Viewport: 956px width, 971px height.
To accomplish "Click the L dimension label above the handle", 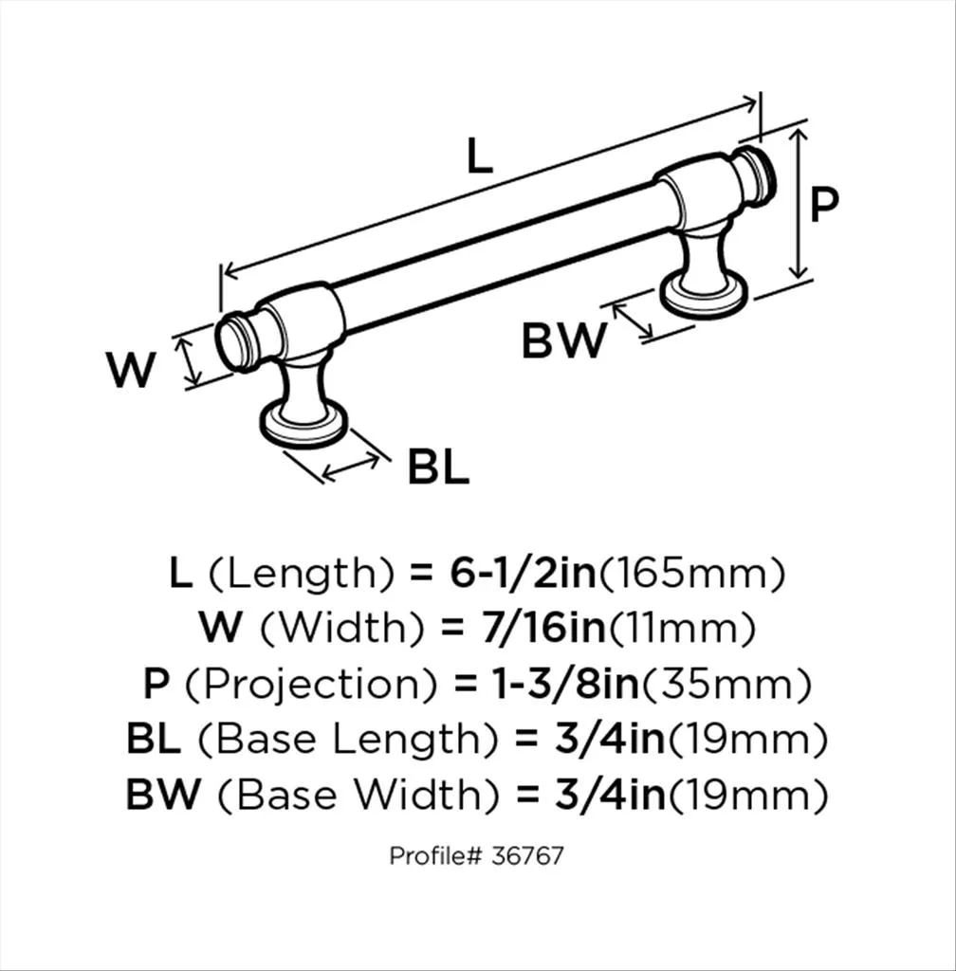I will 480,157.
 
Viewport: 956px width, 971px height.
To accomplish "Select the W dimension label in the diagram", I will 130,370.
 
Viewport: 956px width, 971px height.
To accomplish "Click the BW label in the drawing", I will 563,341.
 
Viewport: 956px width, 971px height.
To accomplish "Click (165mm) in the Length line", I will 693,573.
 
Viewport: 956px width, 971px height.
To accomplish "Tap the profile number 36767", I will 529,855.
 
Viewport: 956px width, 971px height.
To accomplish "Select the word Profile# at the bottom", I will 435,855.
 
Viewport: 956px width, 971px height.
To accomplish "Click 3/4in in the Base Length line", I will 608,740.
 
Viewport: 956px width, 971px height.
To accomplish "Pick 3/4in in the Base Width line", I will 608,796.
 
